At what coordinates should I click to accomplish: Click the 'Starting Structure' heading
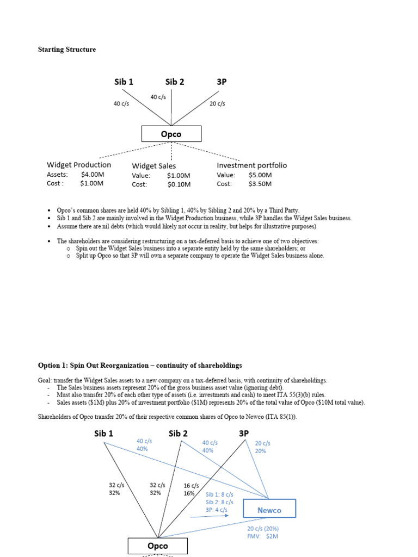[x=66, y=49]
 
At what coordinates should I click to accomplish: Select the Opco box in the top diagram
[x=171, y=134]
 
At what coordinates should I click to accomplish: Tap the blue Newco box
[x=269, y=509]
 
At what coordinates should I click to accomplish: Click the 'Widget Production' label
[x=79, y=165]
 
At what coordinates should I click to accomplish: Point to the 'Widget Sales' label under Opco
[x=154, y=165]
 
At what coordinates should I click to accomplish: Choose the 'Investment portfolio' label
[x=251, y=165]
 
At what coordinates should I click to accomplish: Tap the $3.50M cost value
[x=260, y=184]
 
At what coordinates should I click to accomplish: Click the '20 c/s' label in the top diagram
[x=217, y=103]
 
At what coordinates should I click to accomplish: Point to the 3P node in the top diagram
[x=222, y=82]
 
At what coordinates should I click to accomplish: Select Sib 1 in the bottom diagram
[x=103, y=434]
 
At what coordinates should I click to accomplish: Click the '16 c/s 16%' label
[x=191, y=489]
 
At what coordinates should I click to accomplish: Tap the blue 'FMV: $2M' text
[x=262, y=537]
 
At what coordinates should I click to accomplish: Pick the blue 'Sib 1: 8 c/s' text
[x=219, y=494]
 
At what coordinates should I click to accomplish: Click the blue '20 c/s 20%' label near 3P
[x=263, y=447]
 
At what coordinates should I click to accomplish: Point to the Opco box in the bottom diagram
[x=157, y=546]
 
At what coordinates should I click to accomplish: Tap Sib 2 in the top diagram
[x=175, y=82]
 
